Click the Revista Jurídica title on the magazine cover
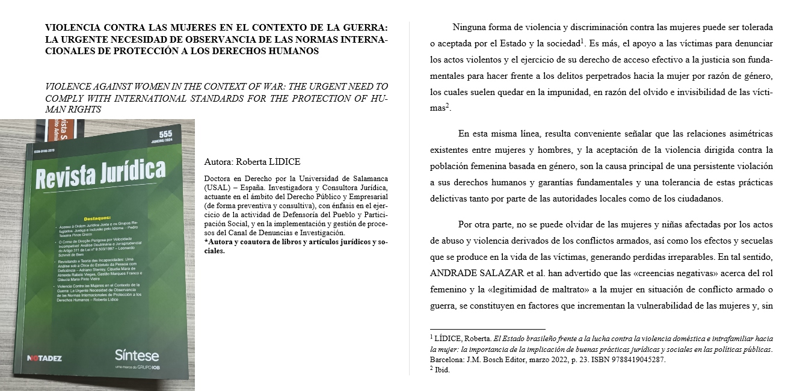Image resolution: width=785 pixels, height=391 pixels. point(100,172)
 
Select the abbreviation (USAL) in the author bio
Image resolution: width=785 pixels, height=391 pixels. point(217,186)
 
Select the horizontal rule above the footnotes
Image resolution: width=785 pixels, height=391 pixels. point(487,328)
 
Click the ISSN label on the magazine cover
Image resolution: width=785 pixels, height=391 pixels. point(35,152)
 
